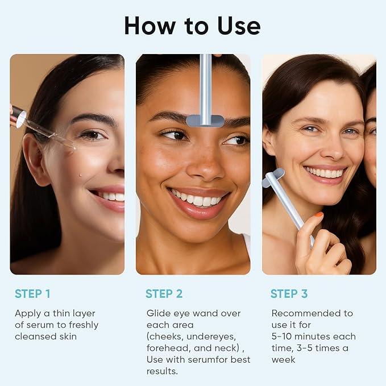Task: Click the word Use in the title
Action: tap(234, 26)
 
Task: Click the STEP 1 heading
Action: tap(32, 294)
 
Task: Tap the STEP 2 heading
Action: tap(164, 294)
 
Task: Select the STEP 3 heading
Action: tap(289, 294)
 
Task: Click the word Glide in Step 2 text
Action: tap(158, 313)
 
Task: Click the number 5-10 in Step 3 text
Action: tap(285, 337)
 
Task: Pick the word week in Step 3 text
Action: tap(283, 359)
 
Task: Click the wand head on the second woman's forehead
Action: tap(205, 120)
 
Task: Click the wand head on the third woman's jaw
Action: tap(273, 178)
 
